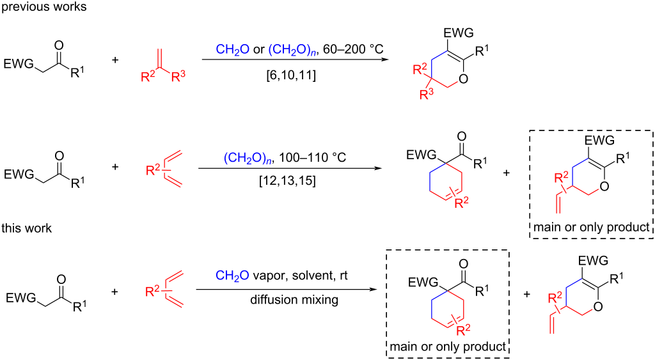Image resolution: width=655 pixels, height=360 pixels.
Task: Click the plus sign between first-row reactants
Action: pyautogui.click(x=115, y=60)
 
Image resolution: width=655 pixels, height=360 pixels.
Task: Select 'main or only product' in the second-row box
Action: pyautogui.click(x=590, y=227)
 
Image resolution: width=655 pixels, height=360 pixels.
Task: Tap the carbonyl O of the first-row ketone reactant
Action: pyautogui.click(x=59, y=45)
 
